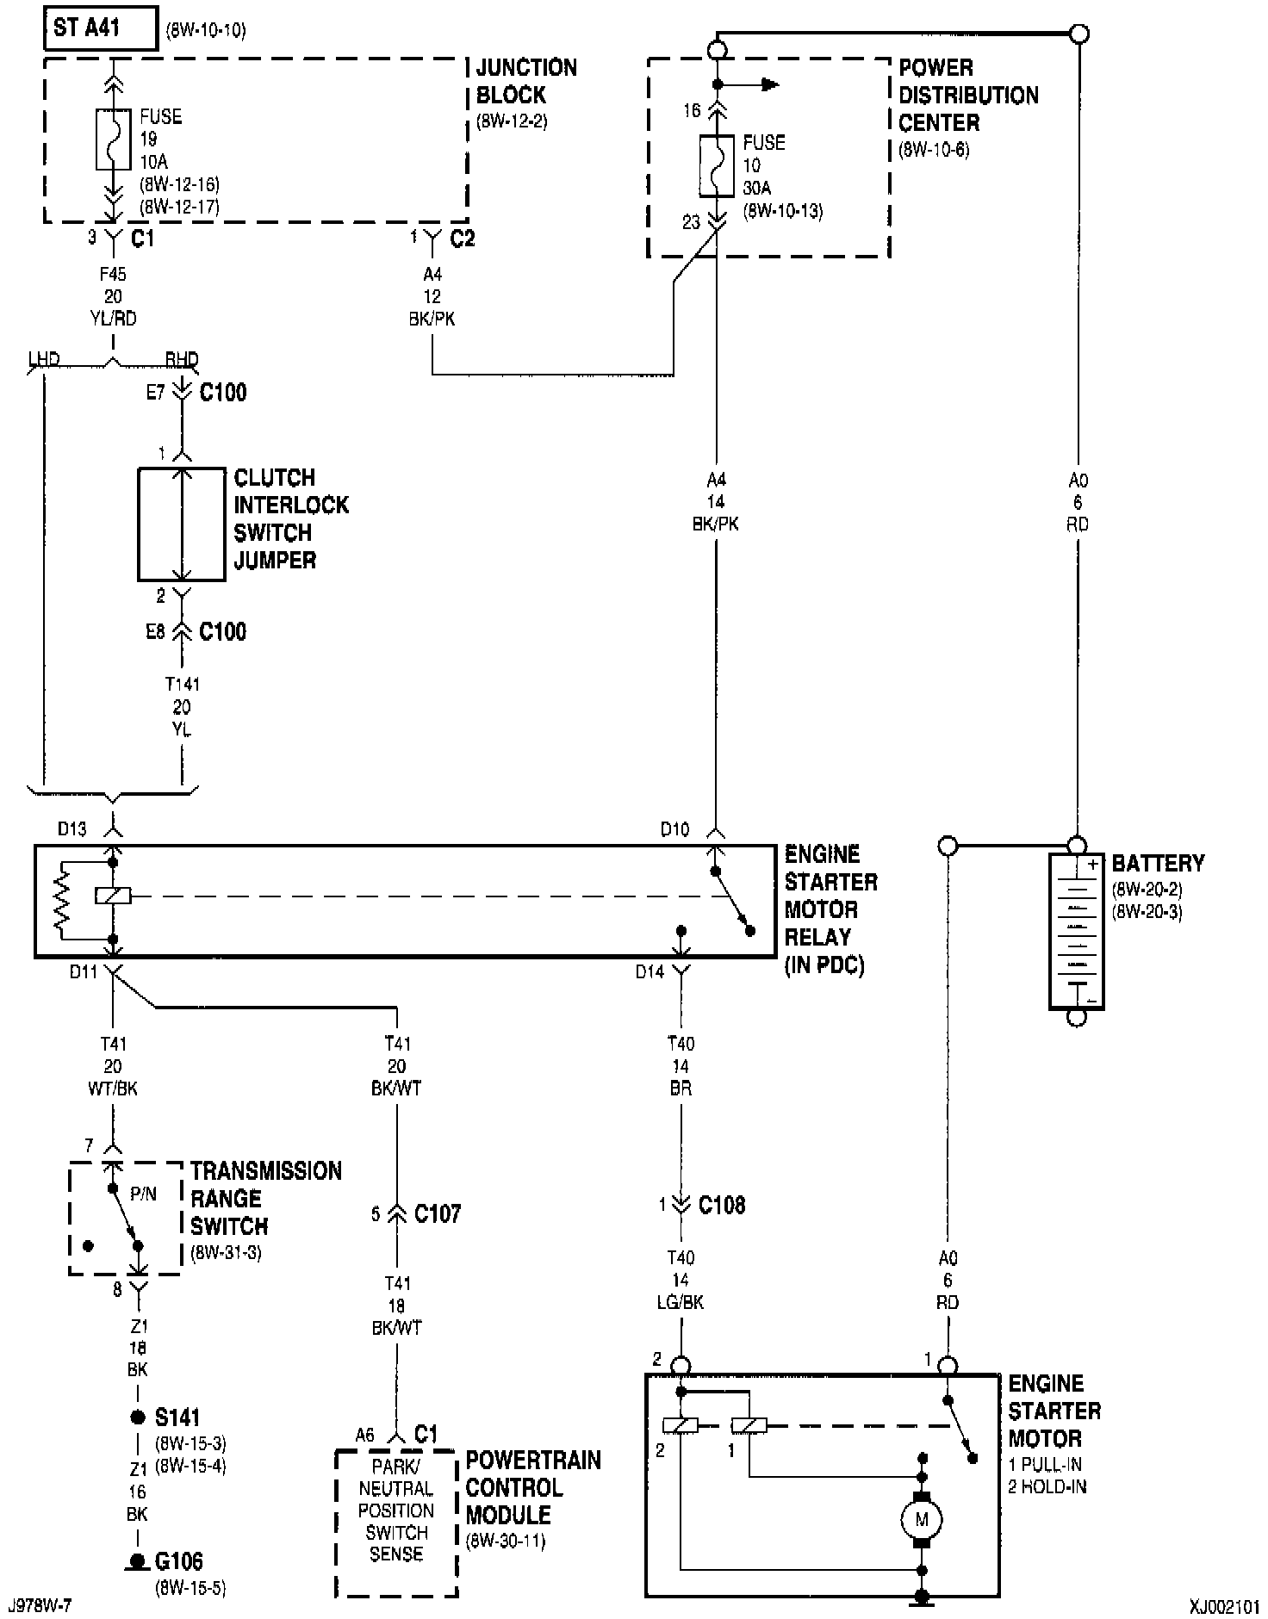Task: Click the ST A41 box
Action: tap(101, 28)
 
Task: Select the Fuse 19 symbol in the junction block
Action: tap(113, 139)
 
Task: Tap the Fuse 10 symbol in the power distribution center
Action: tap(716, 165)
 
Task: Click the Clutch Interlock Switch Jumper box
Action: tap(182, 524)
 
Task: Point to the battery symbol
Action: tap(1076, 930)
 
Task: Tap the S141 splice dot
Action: tap(137, 1417)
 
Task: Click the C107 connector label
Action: tap(437, 1213)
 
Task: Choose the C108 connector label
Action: tap(722, 1205)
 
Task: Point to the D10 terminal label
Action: tap(674, 829)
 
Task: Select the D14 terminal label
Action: tap(650, 971)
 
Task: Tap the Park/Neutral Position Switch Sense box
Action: tap(396, 1522)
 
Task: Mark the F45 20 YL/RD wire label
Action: tap(113, 296)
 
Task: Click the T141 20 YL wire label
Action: tap(182, 706)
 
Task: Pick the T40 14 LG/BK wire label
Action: tap(681, 1280)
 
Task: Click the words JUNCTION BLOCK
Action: tap(526, 81)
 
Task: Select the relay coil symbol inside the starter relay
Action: tap(113, 896)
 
